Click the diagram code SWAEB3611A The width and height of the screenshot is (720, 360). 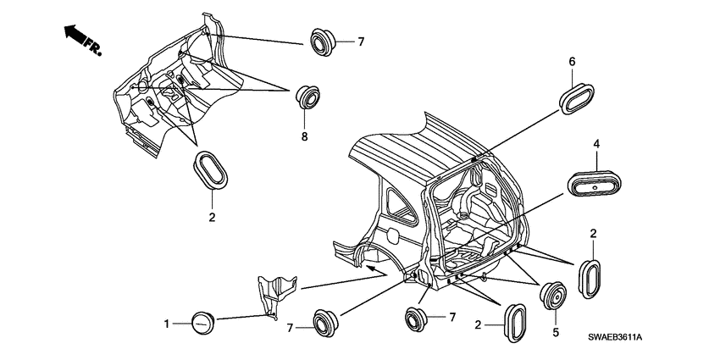(x=615, y=337)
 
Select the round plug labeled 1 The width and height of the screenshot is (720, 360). (x=202, y=323)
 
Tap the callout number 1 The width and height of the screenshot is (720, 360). (x=167, y=324)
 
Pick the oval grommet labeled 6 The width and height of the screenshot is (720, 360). (x=577, y=98)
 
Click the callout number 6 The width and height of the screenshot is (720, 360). (x=572, y=61)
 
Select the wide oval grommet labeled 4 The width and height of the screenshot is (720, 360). (x=594, y=184)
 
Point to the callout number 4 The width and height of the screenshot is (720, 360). (x=596, y=144)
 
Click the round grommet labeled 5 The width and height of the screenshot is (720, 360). (x=553, y=296)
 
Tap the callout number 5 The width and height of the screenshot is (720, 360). (x=556, y=332)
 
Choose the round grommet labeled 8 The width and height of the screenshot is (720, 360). (x=307, y=97)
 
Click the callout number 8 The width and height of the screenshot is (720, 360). (x=304, y=136)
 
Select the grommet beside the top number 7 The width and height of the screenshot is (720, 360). (x=324, y=42)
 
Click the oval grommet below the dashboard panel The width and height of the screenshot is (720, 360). (x=211, y=169)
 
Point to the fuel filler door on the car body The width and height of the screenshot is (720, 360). (x=394, y=235)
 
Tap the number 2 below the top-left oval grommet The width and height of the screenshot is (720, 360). (x=212, y=218)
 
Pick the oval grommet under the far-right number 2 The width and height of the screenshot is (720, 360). (x=590, y=280)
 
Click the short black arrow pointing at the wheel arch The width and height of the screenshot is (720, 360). (x=376, y=270)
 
